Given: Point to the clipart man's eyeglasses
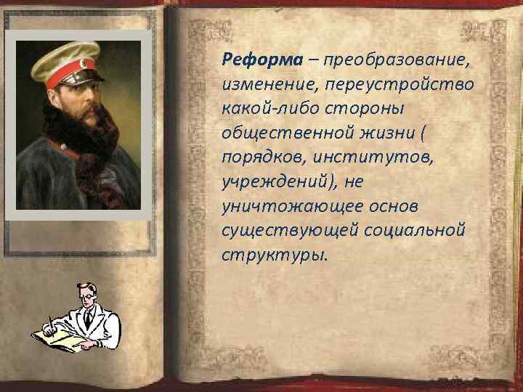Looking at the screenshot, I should point(84,294).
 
